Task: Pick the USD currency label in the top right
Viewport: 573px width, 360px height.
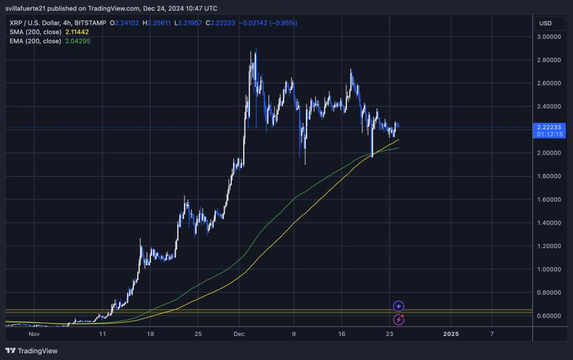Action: [x=545, y=23]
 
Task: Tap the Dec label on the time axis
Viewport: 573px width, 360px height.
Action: [x=240, y=333]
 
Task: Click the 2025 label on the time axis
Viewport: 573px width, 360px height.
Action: [x=451, y=333]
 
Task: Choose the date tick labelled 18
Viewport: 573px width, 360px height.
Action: [x=150, y=333]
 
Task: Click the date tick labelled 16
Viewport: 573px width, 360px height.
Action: [x=342, y=333]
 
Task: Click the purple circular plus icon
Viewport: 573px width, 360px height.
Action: [x=398, y=307]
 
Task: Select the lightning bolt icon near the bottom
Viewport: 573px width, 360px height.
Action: [x=398, y=320]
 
